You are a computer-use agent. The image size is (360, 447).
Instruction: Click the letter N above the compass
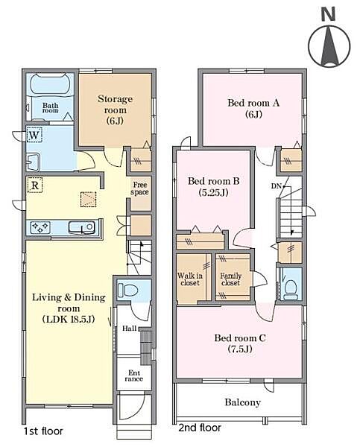(328, 14)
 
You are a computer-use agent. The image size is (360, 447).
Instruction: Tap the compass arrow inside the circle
(329, 45)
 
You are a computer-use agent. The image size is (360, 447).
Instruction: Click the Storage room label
(115, 110)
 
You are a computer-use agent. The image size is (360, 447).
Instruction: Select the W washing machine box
(34, 135)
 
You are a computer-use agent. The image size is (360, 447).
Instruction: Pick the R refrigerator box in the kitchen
(35, 186)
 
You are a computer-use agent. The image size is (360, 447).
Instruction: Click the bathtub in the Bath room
(51, 83)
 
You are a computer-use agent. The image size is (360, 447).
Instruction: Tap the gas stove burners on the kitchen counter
(40, 227)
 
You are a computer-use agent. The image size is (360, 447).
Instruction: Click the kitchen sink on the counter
(82, 227)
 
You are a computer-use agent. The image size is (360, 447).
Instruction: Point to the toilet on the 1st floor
(127, 291)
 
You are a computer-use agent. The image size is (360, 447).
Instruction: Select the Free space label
(140, 188)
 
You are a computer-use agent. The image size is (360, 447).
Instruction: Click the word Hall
(130, 329)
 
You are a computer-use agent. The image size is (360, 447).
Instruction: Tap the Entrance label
(134, 375)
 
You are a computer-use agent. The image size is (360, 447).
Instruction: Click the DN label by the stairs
(276, 186)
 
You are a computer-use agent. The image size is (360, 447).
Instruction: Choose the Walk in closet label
(190, 279)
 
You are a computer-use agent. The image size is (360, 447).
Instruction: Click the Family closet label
(230, 279)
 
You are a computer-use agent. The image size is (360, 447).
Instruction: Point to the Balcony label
(243, 402)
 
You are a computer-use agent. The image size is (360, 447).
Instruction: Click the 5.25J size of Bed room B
(213, 193)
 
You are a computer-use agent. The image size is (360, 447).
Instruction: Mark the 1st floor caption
(43, 431)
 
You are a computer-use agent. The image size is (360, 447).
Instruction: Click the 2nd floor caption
(200, 428)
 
